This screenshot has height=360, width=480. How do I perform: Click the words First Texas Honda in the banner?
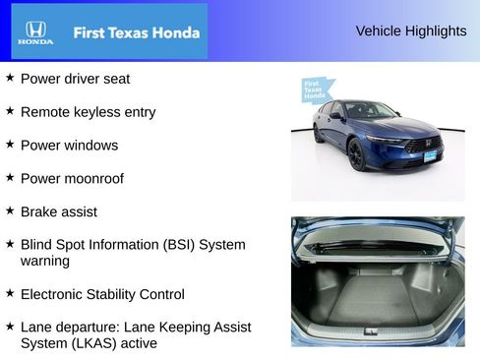click(136, 32)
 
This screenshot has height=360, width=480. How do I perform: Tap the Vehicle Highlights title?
click(410, 31)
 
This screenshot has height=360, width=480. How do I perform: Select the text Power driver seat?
click(75, 79)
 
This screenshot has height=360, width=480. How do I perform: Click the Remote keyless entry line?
click(88, 112)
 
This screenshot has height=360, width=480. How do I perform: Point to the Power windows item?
click(69, 146)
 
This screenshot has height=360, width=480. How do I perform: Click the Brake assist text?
click(58, 211)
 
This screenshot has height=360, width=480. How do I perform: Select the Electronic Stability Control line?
click(102, 294)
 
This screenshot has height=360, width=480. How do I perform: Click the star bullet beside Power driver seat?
click(10, 78)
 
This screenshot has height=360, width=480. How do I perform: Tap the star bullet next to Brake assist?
click(10, 210)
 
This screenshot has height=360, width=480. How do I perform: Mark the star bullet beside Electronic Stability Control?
click(10, 293)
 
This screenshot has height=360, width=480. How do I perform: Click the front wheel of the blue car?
click(356, 155)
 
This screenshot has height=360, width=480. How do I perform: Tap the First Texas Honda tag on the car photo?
click(315, 90)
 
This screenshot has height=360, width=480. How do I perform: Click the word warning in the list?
click(44, 261)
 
